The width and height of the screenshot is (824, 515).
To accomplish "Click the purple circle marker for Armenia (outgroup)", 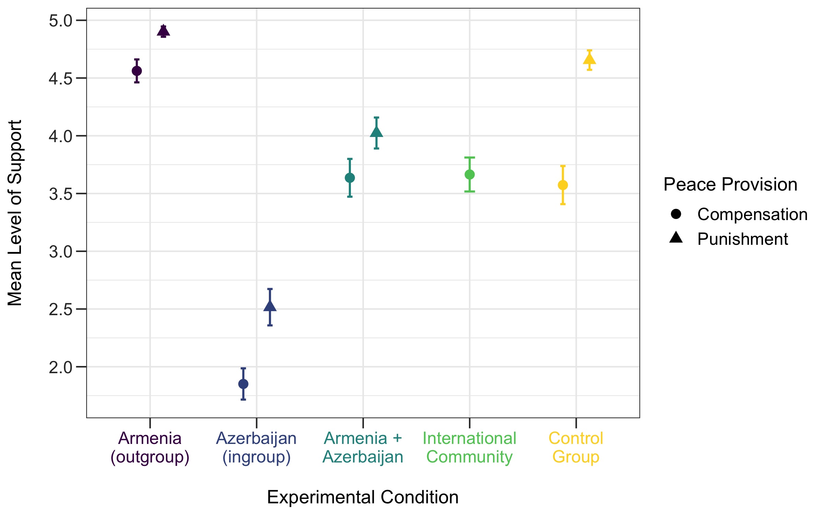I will pyautogui.click(x=137, y=71).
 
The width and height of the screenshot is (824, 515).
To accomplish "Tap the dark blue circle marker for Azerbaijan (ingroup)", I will pyautogui.click(x=243, y=384).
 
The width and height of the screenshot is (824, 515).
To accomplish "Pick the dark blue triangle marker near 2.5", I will pyautogui.click(x=270, y=306).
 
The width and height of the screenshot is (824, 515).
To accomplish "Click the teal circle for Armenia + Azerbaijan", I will pyautogui.click(x=350, y=178).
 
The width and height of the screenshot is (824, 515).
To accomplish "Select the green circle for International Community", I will pyautogui.click(x=469, y=174).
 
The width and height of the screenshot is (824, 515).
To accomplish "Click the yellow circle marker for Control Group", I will pyautogui.click(x=563, y=185).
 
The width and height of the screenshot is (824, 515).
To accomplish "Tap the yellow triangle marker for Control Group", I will pyautogui.click(x=589, y=59).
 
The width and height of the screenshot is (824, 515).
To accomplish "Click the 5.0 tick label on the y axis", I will pyautogui.click(x=61, y=21).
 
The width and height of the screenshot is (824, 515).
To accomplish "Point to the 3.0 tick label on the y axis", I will pyautogui.click(x=61, y=252).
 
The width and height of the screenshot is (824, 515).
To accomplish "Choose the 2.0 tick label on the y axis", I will pyautogui.click(x=61, y=367).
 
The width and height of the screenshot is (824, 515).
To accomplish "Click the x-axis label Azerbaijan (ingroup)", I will pyautogui.click(x=256, y=448).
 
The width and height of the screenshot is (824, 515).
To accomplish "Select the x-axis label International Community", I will pyautogui.click(x=469, y=448).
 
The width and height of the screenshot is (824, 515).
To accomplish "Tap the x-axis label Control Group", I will pyautogui.click(x=576, y=448).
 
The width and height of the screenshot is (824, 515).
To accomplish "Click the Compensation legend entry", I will pyautogui.click(x=752, y=214).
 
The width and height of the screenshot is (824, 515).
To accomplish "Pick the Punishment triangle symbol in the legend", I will pyautogui.click(x=676, y=238).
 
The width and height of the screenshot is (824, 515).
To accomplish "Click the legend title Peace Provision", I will pyautogui.click(x=730, y=184).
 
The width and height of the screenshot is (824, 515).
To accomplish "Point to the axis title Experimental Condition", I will pyautogui.click(x=363, y=497).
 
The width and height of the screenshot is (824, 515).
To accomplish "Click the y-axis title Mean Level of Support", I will pyautogui.click(x=15, y=213).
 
